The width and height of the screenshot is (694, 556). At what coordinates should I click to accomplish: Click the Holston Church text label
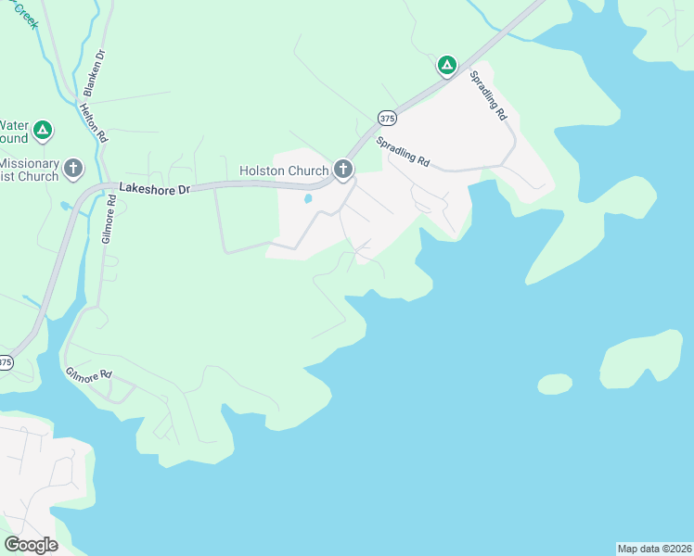click(284, 171)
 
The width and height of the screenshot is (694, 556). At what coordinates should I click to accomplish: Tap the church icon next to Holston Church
click(343, 169)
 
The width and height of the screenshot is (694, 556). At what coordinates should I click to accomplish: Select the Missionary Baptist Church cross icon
click(74, 169)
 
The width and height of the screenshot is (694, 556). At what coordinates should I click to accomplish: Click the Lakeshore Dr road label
click(154, 188)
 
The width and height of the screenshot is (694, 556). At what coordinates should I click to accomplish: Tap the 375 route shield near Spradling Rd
click(387, 118)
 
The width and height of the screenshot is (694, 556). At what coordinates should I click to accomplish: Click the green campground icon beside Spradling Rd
click(446, 65)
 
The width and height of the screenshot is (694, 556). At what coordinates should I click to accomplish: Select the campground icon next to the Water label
click(42, 131)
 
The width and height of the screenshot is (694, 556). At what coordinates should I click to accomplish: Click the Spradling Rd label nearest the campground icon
click(488, 96)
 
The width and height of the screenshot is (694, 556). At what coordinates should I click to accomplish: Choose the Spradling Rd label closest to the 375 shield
click(403, 152)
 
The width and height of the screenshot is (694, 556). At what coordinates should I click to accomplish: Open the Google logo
click(31, 545)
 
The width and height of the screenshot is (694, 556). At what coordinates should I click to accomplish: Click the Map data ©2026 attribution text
click(655, 548)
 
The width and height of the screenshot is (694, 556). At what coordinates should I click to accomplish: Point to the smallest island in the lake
click(555, 384)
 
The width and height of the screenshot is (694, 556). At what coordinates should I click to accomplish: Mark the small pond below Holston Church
click(307, 198)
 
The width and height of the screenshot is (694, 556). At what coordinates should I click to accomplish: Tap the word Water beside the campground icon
click(14, 125)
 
